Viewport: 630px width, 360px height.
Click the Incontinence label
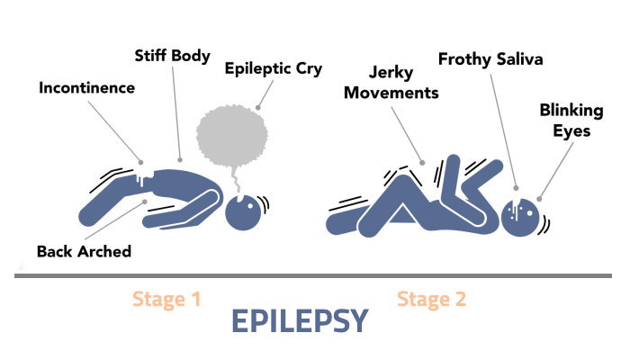pyautogui.click(x=86, y=88)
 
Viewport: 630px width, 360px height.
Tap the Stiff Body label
pyautogui.click(x=174, y=57)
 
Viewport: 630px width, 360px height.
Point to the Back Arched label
pyautogui.click(x=84, y=251)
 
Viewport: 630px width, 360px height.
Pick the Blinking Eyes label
pyautogui.click(x=565, y=120)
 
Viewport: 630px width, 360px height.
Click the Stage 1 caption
pyautogui.click(x=166, y=300)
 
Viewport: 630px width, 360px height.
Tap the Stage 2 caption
pyautogui.click(x=431, y=300)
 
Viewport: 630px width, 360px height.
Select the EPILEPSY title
pyautogui.click(x=300, y=321)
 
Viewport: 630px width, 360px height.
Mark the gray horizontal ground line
pyautogui.click(x=315, y=275)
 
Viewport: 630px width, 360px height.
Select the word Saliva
pyautogui.click(x=521, y=59)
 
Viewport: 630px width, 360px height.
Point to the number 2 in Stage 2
pyautogui.click(x=459, y=300)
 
